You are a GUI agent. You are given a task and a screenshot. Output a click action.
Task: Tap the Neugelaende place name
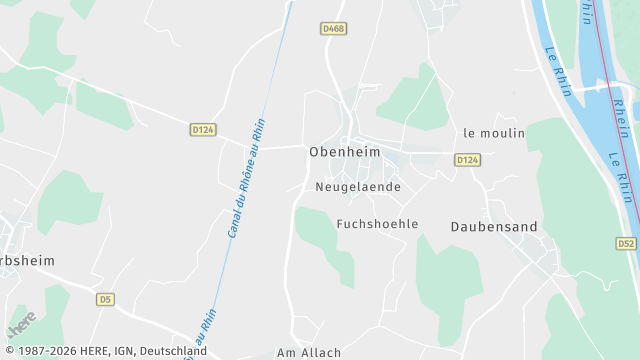coord(357,187)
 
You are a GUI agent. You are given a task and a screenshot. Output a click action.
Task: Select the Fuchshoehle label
coord(377,224)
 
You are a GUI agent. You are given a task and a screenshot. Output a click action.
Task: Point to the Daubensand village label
coord(494,227)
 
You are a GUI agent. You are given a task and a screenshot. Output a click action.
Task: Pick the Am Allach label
coord(309,352)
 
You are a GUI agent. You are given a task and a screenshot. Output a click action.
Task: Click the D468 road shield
coord(334,29)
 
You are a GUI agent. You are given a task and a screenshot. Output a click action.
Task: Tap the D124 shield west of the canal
coord(203,129)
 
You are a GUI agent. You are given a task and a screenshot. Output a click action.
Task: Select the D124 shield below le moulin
coord(467,160)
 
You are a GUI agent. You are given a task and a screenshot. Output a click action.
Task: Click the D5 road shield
coord(105,299)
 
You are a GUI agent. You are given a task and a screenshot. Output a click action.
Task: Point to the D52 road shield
coord(626,244)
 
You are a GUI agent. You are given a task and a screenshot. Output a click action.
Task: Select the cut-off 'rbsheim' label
coord(27,260)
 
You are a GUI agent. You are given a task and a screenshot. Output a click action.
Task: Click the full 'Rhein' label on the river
coord(621,117)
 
